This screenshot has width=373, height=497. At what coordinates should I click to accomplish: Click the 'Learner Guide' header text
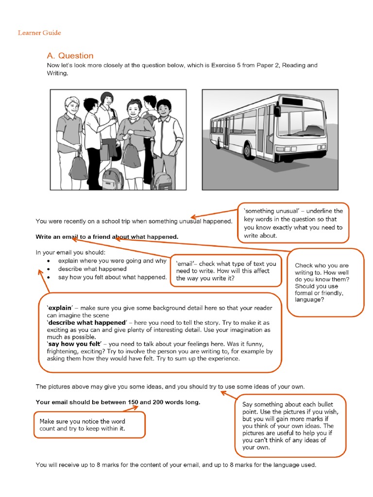pyautogui.click(x=39, y=33)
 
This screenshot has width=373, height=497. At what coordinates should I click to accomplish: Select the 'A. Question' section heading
pyautogui.click(x=70, y=56)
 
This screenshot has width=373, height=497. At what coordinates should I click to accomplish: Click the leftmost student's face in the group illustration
pyautogui.click(x=72, y=105)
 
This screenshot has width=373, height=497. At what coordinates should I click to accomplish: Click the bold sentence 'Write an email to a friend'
pyautogui.click(x=107, y=237)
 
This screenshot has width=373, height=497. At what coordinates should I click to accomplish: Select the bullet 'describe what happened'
pyautogui.click(x=92, y=269)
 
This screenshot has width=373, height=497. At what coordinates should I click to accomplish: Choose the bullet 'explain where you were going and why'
pyautogui.click(x=112, y=261)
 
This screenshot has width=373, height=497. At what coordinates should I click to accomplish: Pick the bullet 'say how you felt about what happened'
pyautogui.click(x=112, y=277)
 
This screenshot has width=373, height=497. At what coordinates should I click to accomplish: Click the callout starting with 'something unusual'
pyautogui.click(x=293, y=223)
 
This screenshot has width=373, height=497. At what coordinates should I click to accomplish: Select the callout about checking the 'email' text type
pyautogui.click(x=226, y=271)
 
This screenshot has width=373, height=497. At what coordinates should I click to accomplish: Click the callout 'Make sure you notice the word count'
pyautogui.click(x=89, y=425)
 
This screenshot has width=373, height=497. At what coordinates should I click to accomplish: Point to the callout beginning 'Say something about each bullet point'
pyautogui.click(x=290, y=426)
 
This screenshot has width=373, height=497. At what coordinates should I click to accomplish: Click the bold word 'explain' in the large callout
pyautogui.click(x=59, y=308)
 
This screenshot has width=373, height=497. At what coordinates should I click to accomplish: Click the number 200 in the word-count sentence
pyautogui.click(x=160, y=402)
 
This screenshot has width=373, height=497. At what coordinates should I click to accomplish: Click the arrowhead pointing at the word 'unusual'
pyautogui.click(x=194, y=217)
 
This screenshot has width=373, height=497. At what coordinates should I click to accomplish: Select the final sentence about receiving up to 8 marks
pyautogui.click(x=176, y=464)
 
